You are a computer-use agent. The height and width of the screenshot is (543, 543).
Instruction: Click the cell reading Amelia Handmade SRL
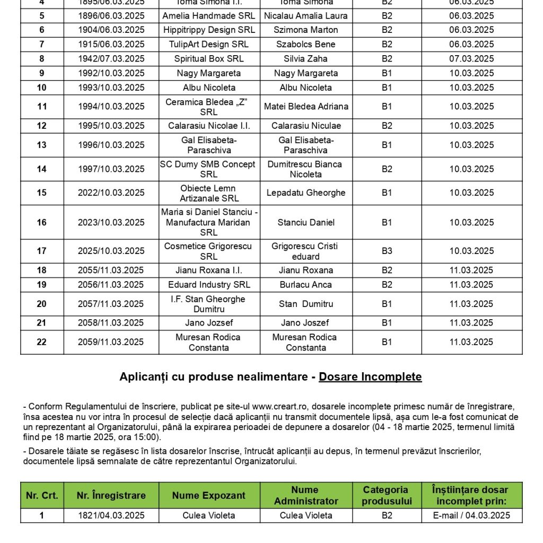click(209, 16)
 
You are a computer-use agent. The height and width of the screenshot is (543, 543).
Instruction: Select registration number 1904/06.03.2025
click(111, 30)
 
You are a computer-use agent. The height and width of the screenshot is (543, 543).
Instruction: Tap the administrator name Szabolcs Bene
click(306, 44)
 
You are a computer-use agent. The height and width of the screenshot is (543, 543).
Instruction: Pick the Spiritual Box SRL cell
click(209, 59)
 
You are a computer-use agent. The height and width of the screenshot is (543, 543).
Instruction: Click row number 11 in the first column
click(42, 107)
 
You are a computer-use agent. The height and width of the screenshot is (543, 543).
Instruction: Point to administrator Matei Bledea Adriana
click(306, 107)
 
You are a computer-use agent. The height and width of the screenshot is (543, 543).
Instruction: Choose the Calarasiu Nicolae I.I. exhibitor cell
click(209, 126)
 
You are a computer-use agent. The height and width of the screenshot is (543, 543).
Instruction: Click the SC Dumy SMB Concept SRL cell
click(209, 169)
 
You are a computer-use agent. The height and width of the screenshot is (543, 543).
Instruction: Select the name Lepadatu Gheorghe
click(306, 193)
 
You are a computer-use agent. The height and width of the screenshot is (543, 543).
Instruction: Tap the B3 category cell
click(387, 251)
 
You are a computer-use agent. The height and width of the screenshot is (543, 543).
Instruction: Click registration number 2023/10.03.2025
click(111, 222)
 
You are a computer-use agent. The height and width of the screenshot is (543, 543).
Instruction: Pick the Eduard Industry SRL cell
click(209, 285)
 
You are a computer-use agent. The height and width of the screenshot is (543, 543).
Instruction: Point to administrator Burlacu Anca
click(306, 285)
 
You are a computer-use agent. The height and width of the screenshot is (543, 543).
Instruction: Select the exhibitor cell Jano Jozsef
click(209, 323)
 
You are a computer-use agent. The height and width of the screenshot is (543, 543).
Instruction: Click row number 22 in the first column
click(42, 342)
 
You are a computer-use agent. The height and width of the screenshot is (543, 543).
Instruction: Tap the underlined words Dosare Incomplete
click(370, 377)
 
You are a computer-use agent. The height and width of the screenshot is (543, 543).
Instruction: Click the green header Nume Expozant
click(209, 496)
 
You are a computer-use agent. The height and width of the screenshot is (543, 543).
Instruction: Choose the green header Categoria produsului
click(387, 495)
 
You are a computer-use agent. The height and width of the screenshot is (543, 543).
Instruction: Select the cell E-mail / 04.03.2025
click(472, 515)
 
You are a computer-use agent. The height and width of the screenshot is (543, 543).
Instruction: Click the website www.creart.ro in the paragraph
click(285, 407)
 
